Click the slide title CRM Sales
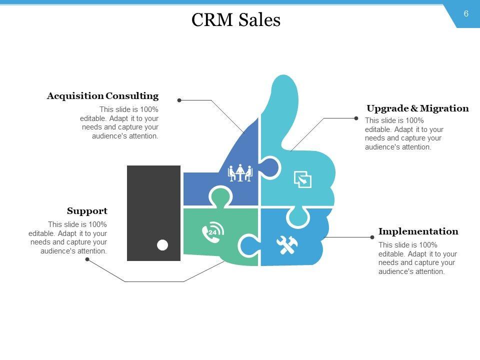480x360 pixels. (236, 20)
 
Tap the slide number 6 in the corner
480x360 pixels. (466, 14)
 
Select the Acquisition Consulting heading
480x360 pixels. (102, 96)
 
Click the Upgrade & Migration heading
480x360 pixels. (417, 108)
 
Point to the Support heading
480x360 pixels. (87, 211)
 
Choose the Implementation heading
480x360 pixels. (418, 231)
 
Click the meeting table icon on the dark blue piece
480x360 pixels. (240, 173)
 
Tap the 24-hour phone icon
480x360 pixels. (212, 232)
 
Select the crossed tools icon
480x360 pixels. (287, 244)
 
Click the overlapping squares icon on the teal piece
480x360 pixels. (302, 179)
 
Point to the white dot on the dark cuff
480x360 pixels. (162, 245)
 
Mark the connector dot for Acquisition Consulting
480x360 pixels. (179, 100)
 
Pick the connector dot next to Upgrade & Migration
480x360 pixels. (356, 118)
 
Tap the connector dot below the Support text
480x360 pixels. (87, 259)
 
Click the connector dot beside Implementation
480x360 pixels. (372, 237)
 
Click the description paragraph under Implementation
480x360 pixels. (417, 258)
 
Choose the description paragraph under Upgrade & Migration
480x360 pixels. (404, 134)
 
